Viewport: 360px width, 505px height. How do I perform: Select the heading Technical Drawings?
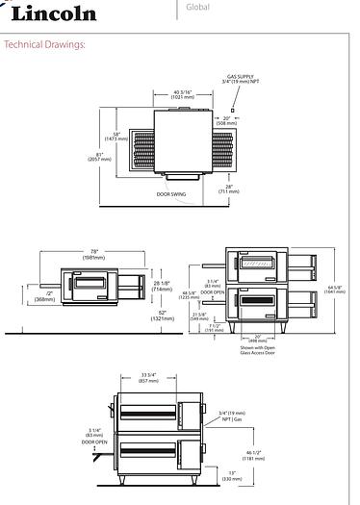tap(46, 45)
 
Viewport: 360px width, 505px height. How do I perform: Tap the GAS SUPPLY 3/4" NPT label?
tap(240, 81)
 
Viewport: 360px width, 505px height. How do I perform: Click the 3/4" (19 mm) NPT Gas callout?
tap(231, 415)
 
